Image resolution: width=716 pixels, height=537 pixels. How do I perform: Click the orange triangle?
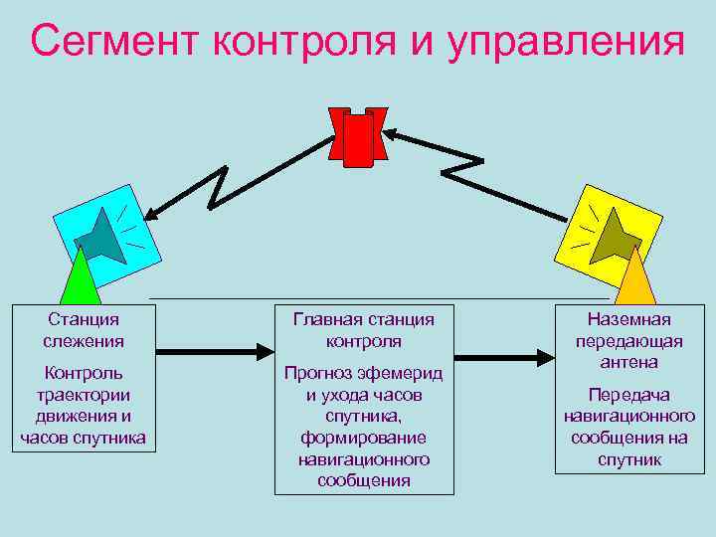pos(636,279)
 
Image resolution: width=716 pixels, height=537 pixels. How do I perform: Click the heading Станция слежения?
pos(84,330)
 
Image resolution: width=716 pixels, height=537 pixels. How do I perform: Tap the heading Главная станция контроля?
pos(364,330)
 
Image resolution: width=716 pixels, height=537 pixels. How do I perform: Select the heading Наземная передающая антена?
pos(629,340)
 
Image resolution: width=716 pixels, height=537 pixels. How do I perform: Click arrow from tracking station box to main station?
pos(215,350)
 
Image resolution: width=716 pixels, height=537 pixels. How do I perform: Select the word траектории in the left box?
pos(84,395)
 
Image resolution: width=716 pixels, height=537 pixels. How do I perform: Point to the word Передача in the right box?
pos(629,395)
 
